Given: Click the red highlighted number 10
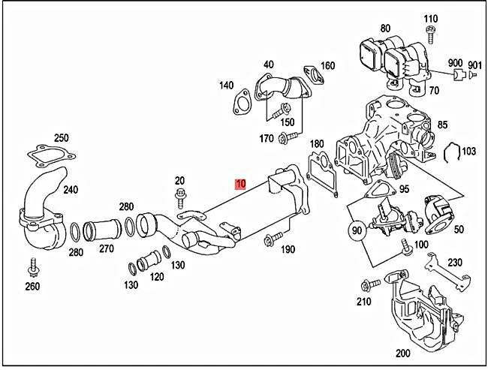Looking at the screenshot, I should pyautogui.click(x=240, y=184).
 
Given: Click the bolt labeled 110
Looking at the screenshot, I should pyautogui.click(x=432, y=33).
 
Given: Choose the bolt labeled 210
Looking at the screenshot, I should pyautogui.click(x=367, y=285).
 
